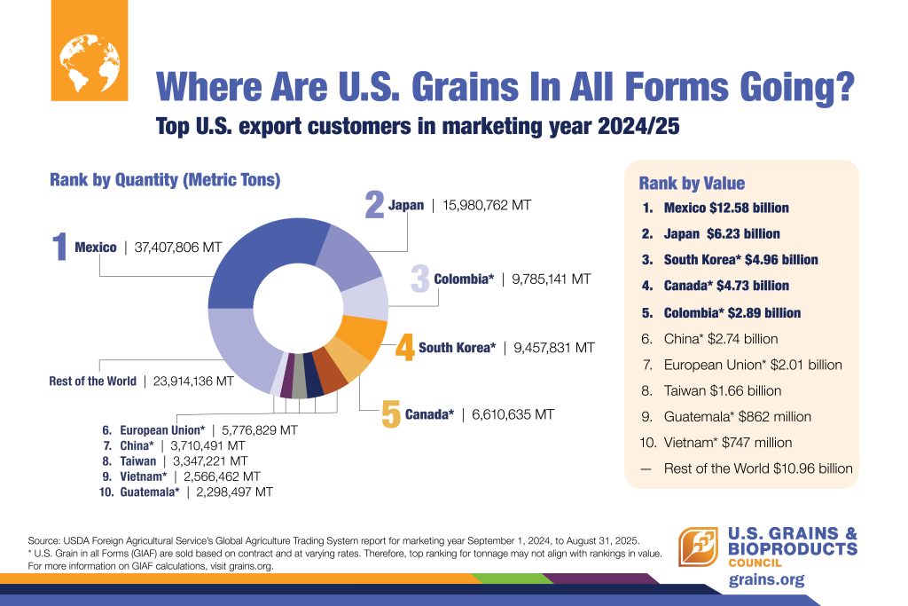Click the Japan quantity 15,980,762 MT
[485, 205]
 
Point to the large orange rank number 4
[404, 348]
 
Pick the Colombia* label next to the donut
[464, 279]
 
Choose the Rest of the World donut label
[93, 381]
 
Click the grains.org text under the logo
[766, 580]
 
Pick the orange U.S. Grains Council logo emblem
[698, 547]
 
